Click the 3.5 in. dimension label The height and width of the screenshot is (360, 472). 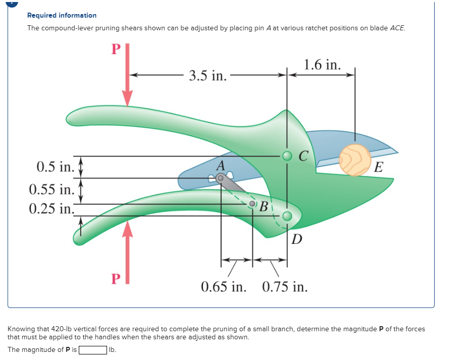pos(207,75)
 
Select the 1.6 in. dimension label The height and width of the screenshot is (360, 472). pos(323,65)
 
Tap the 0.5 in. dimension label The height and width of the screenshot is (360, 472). pos(56,167)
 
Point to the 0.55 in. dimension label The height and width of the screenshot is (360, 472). pos(52,189)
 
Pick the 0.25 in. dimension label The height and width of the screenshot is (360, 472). pos(52,209)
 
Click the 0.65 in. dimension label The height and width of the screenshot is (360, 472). pos(224,287)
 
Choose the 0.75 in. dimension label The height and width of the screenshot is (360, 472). pos(285,287)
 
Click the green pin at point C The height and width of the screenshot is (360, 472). pos(287,156)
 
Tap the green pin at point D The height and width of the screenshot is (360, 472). pos(287,216)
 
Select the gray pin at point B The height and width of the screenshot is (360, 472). pos(252,204)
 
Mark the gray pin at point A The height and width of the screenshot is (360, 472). pos(220,179)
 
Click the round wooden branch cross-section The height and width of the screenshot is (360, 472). pos(355,160)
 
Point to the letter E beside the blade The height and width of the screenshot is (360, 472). pos(379,167)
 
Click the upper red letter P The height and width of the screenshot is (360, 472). pos(116,49)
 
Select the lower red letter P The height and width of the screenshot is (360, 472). pos(116,278)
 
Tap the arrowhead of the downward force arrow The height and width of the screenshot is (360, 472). pos(128,98)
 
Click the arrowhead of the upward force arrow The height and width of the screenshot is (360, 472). pos(128,229)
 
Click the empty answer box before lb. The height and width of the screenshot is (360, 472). pos(93,350)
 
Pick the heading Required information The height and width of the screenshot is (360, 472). pos(62,15)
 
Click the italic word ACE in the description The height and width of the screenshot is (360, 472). pos(397,28)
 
